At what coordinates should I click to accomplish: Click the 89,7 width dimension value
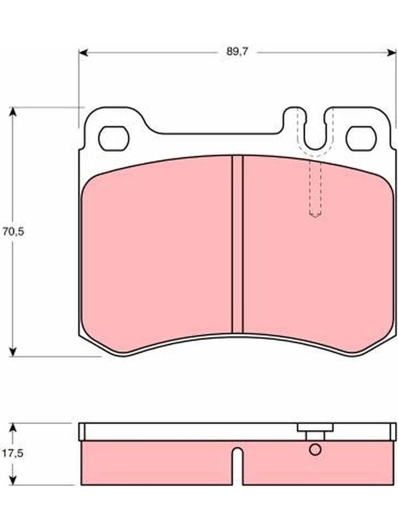237,52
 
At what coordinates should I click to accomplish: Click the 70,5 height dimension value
13,232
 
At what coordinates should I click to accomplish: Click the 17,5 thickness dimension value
13,453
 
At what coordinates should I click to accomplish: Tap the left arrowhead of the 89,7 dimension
84,52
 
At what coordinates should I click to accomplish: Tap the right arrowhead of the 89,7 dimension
391,52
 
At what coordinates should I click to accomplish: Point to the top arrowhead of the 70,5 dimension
13,112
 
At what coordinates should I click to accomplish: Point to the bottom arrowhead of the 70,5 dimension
13,352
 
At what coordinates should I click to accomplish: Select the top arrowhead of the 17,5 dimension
13,427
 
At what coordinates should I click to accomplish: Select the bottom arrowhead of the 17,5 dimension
13,480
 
